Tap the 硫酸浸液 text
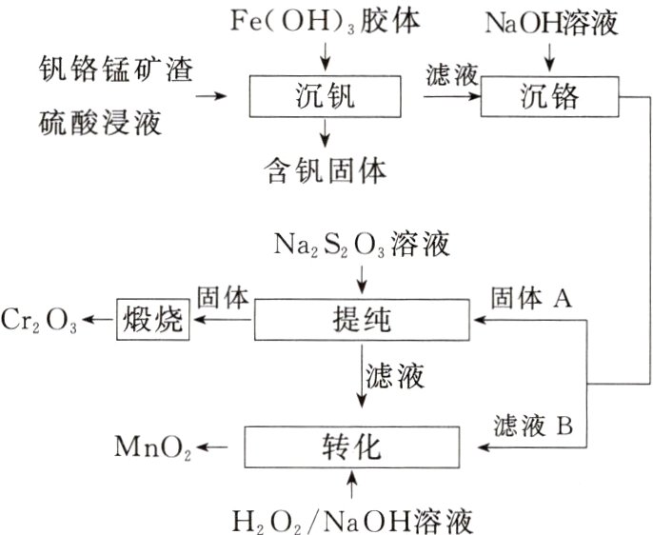point(100,121)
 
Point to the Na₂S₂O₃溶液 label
point(363,244)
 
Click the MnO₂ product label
point(151,446)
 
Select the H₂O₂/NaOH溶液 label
point(353,520)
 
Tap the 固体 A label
point(530,299)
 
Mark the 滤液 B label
point(533,425)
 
